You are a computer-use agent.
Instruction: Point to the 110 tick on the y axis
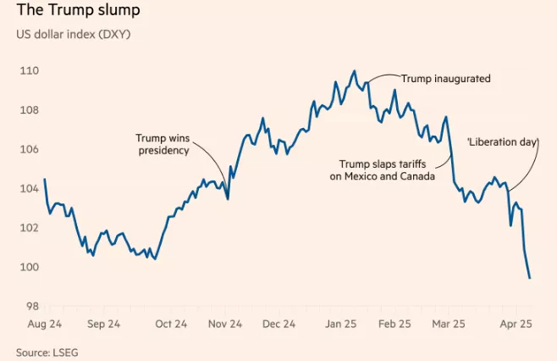click(x=29, y=71)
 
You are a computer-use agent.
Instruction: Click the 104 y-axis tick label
click(x=29, y=189)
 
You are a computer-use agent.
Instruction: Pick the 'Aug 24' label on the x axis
click(x=43, y=324)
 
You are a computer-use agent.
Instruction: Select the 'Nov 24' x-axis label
click(x=225, y=324)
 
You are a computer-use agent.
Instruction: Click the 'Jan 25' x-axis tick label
click(x=342, y=324)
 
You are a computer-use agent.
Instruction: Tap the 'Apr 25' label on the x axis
click(x=516, y=324)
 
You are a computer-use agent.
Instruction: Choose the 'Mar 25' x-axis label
click(x=449, y=324)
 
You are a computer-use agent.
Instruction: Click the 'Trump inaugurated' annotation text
click(x=445, y=78)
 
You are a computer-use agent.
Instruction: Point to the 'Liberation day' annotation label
click(x=503, y=142)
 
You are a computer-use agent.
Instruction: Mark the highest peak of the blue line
click(x=355, y=71)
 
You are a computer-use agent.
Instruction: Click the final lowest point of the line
click(x=530, y=278)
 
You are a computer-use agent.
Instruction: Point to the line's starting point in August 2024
click(x=44, y=179)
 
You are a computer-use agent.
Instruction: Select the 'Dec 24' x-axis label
click(x=278, y=324)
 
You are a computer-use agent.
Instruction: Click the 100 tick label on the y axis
click(x=29, y=268)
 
